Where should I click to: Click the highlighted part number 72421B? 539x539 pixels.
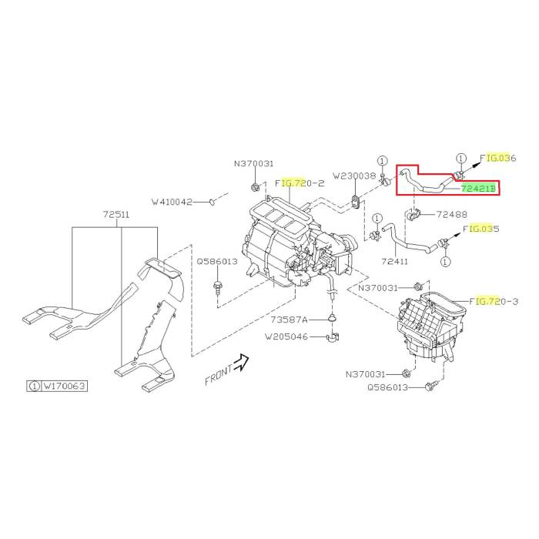pos(478,189)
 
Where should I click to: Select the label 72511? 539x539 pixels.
pos(116,215)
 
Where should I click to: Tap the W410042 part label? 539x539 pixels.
pos(172,202)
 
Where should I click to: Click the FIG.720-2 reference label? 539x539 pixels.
pos(300,183)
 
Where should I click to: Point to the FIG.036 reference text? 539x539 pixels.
pos(498,158)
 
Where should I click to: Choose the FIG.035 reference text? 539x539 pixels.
pos(481,229)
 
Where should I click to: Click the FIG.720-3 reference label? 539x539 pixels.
pos(494,302)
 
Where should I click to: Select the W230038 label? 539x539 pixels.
pos(354,176)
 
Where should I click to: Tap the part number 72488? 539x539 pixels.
pos(452,215)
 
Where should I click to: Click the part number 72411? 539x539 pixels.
pos(394,261)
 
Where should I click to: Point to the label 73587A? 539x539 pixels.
pos(289,320)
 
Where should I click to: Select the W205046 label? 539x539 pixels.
pos(286,336)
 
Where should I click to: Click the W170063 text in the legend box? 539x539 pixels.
pos(64,386)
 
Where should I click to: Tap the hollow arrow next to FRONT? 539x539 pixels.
pos(241,363)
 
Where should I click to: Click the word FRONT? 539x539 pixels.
pos(219,376)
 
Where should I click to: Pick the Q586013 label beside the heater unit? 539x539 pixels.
pos(217,261)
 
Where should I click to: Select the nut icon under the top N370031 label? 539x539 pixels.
pos(254,188)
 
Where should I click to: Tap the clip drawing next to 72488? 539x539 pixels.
pos(412,215)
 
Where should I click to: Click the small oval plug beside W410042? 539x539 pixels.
pos(212,202)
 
